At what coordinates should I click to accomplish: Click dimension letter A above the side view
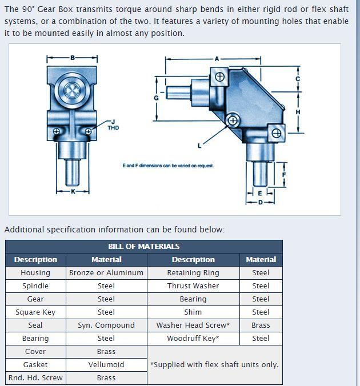click(217, 58)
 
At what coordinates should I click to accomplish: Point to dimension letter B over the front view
click(73, 58)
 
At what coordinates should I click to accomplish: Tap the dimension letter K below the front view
click(73, 191)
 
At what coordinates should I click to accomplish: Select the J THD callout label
click(113, 125)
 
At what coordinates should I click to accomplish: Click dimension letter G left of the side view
click(156, 98)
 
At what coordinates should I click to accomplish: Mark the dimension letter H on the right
click(298, 112)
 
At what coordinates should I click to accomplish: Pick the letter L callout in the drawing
click(199, 146)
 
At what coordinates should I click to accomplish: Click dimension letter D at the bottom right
click(261, 202)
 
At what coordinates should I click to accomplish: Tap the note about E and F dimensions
click(168, 166)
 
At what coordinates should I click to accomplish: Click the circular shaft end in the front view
click(73, 90)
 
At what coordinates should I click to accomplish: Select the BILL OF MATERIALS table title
click(144, 247)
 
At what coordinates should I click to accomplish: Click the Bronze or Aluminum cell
click(106, 273)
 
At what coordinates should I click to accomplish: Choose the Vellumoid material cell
click(106, 365)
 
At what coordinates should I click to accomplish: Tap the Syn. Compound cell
click(106, 325)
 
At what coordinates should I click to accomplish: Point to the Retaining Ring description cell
click(193, 273)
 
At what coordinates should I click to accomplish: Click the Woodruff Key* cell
click(193, 339)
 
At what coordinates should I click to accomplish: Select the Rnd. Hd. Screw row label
click(35, 378)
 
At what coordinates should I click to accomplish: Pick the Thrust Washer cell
click(193, 286)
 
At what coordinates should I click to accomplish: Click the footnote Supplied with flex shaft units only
click(214, 365)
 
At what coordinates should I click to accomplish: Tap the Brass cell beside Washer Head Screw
click(261, 325)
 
